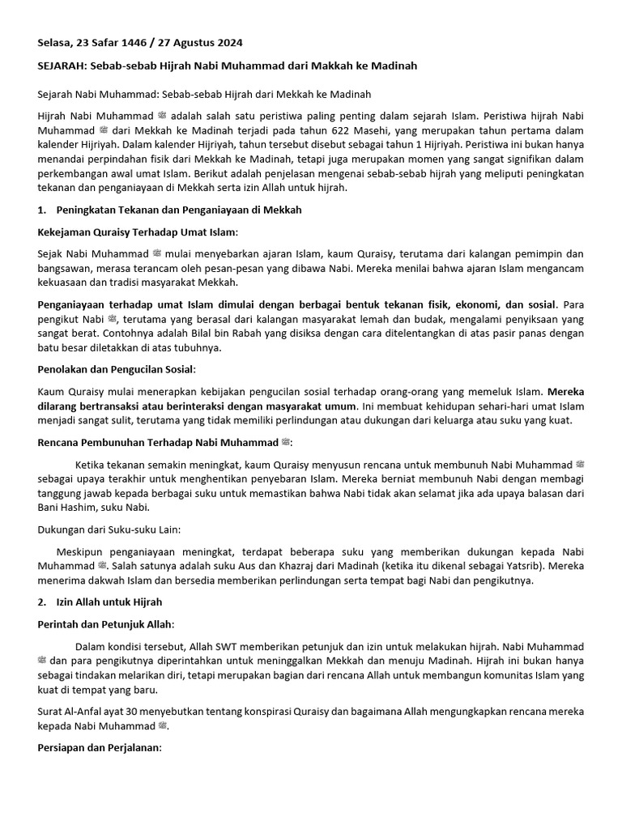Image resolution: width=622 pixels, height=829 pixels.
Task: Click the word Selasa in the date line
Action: pyautogui.click(x=56, y=42)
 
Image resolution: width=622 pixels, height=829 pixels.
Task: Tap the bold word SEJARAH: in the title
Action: pyautogui.click(x=65, y=66)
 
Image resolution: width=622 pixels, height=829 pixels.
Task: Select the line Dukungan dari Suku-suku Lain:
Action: pyautogui.click(x=109, y=529)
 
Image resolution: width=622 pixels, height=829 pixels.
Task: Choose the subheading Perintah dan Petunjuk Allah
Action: pyautogui.click(x=105, y=625)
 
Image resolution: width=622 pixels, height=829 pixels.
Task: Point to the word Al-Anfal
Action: pyautogui.click(x=86, y=712)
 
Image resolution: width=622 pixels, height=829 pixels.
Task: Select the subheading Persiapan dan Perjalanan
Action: pyautogui.click(x=100, y=748)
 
